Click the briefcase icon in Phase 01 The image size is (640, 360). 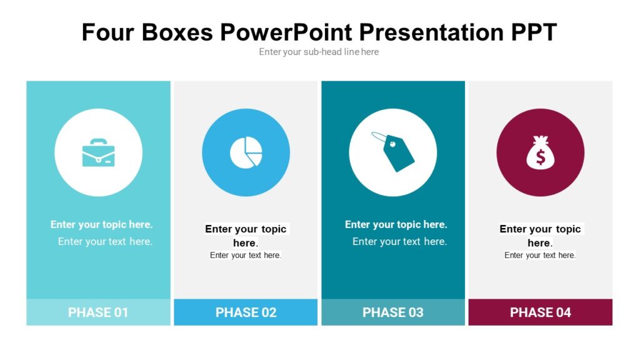[x=98, y=152]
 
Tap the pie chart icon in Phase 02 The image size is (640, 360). [x=246, y=152]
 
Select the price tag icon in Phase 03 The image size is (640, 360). [x=393, y=151]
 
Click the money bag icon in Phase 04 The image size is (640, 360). [x=541, y=152]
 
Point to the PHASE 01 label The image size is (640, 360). [x=98, y=312]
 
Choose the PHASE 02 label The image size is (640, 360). [x=246, y=312]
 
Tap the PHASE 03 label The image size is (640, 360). [x=393, y=312]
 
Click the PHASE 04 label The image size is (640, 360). [x=541, y=312]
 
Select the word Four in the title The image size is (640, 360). [x=107, y=32]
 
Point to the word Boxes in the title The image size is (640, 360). [x=177, y=32]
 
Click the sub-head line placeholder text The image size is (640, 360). [x=319, y=52]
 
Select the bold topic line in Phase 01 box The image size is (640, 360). [x=102, y=224]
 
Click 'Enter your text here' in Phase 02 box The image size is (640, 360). [x=246, y=255]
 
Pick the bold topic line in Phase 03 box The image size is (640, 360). [x=396, y=224]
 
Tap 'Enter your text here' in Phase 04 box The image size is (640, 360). [x=540, y=255]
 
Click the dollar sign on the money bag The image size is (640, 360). [x=541, y=157]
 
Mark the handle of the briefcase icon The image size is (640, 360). [x=98, y=142]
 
